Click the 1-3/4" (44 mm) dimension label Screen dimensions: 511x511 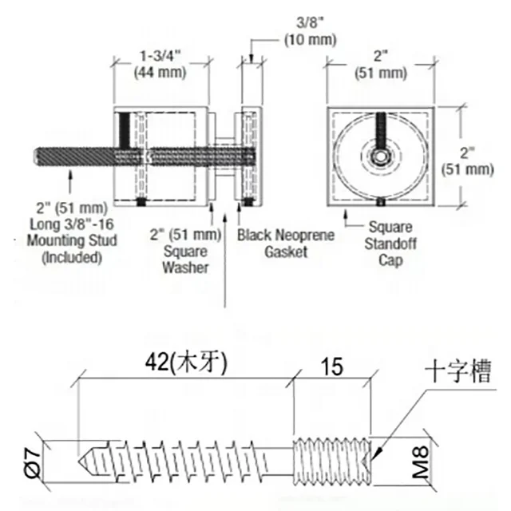point(160,65)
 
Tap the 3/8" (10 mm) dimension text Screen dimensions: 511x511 point(310,32)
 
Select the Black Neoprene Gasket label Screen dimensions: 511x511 point(286,243)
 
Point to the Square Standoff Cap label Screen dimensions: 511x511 point(390,243)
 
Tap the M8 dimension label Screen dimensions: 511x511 point(421,461)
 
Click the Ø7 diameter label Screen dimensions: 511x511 point(33,462)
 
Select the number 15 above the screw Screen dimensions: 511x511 point(332,366)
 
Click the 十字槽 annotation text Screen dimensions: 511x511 point(458,371)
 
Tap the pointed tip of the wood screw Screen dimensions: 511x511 point(79,461)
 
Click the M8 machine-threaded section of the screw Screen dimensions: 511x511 point(331,461)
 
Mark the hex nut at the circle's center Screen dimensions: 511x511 point(380,156)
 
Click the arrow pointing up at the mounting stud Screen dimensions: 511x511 point(70,184)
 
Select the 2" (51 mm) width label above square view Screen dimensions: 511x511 point(381,65)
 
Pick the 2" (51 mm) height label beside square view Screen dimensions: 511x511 point(467,161)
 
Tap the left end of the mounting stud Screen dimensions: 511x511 point(34,156)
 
